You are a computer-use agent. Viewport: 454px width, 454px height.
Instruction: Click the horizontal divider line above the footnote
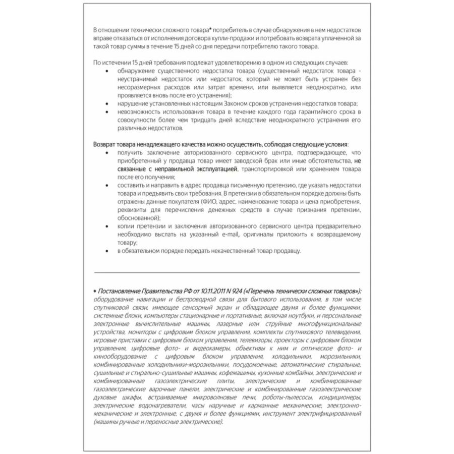227,273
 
